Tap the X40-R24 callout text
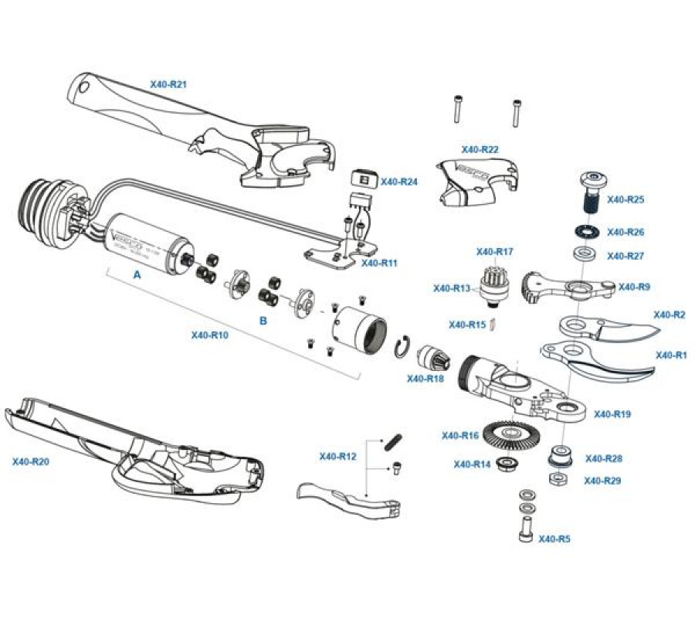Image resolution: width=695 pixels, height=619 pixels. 399,182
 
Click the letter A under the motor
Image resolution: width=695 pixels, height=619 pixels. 137,274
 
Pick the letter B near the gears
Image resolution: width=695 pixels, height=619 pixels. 263,320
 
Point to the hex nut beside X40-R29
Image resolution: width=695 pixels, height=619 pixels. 558,479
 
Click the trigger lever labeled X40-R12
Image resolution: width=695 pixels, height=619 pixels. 347,498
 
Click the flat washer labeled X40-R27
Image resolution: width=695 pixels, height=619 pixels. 583,253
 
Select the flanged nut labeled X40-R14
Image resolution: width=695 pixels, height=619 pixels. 507,465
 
